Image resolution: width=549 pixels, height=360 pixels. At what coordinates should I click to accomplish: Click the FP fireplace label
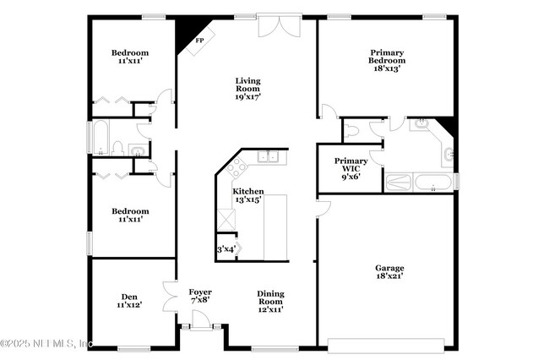click(x=199, y=41)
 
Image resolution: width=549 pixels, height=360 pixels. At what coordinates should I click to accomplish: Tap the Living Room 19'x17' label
click(x=247, y=89)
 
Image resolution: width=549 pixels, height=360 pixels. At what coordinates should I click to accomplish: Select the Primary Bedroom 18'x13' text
click(x=387, y=60)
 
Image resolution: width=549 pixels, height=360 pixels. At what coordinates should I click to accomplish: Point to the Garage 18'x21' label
click(x=389, y=272)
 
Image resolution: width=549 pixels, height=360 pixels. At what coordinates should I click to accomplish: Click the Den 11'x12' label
click(x=129, y=301)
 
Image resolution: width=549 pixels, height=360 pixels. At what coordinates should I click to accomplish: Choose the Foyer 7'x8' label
click(x=200, y=296)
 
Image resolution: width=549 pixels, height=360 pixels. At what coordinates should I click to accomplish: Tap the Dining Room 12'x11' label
click(x=270, y=302)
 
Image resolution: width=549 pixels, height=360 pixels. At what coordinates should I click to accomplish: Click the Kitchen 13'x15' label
click(x=248, y=195)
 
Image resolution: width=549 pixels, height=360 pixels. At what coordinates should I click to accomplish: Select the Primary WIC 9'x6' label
click(x=351, y=168)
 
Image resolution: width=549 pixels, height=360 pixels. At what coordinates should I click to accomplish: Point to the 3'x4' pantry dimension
click(x=226, y=249)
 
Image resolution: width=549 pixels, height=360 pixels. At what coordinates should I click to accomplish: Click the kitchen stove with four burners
click(x=236, y=168)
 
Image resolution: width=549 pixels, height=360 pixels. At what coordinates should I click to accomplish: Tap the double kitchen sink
click(x=269, y=156)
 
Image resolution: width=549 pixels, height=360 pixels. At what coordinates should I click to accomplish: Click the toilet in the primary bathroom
click(x=351, y=131)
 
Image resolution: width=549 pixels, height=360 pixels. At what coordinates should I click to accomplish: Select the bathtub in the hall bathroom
click(x=101, y=138)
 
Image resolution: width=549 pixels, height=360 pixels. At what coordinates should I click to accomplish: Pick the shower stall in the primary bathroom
click(x=399, y=182)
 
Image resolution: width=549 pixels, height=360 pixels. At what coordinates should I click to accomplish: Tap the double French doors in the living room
click(x=280, y=25)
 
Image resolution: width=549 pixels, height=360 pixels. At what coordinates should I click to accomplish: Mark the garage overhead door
click(x=386, y=345)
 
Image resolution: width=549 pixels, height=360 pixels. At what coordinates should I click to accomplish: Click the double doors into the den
click(x=170, y=297)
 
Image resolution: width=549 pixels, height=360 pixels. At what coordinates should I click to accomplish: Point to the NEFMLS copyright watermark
click(x=46, y=343)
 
